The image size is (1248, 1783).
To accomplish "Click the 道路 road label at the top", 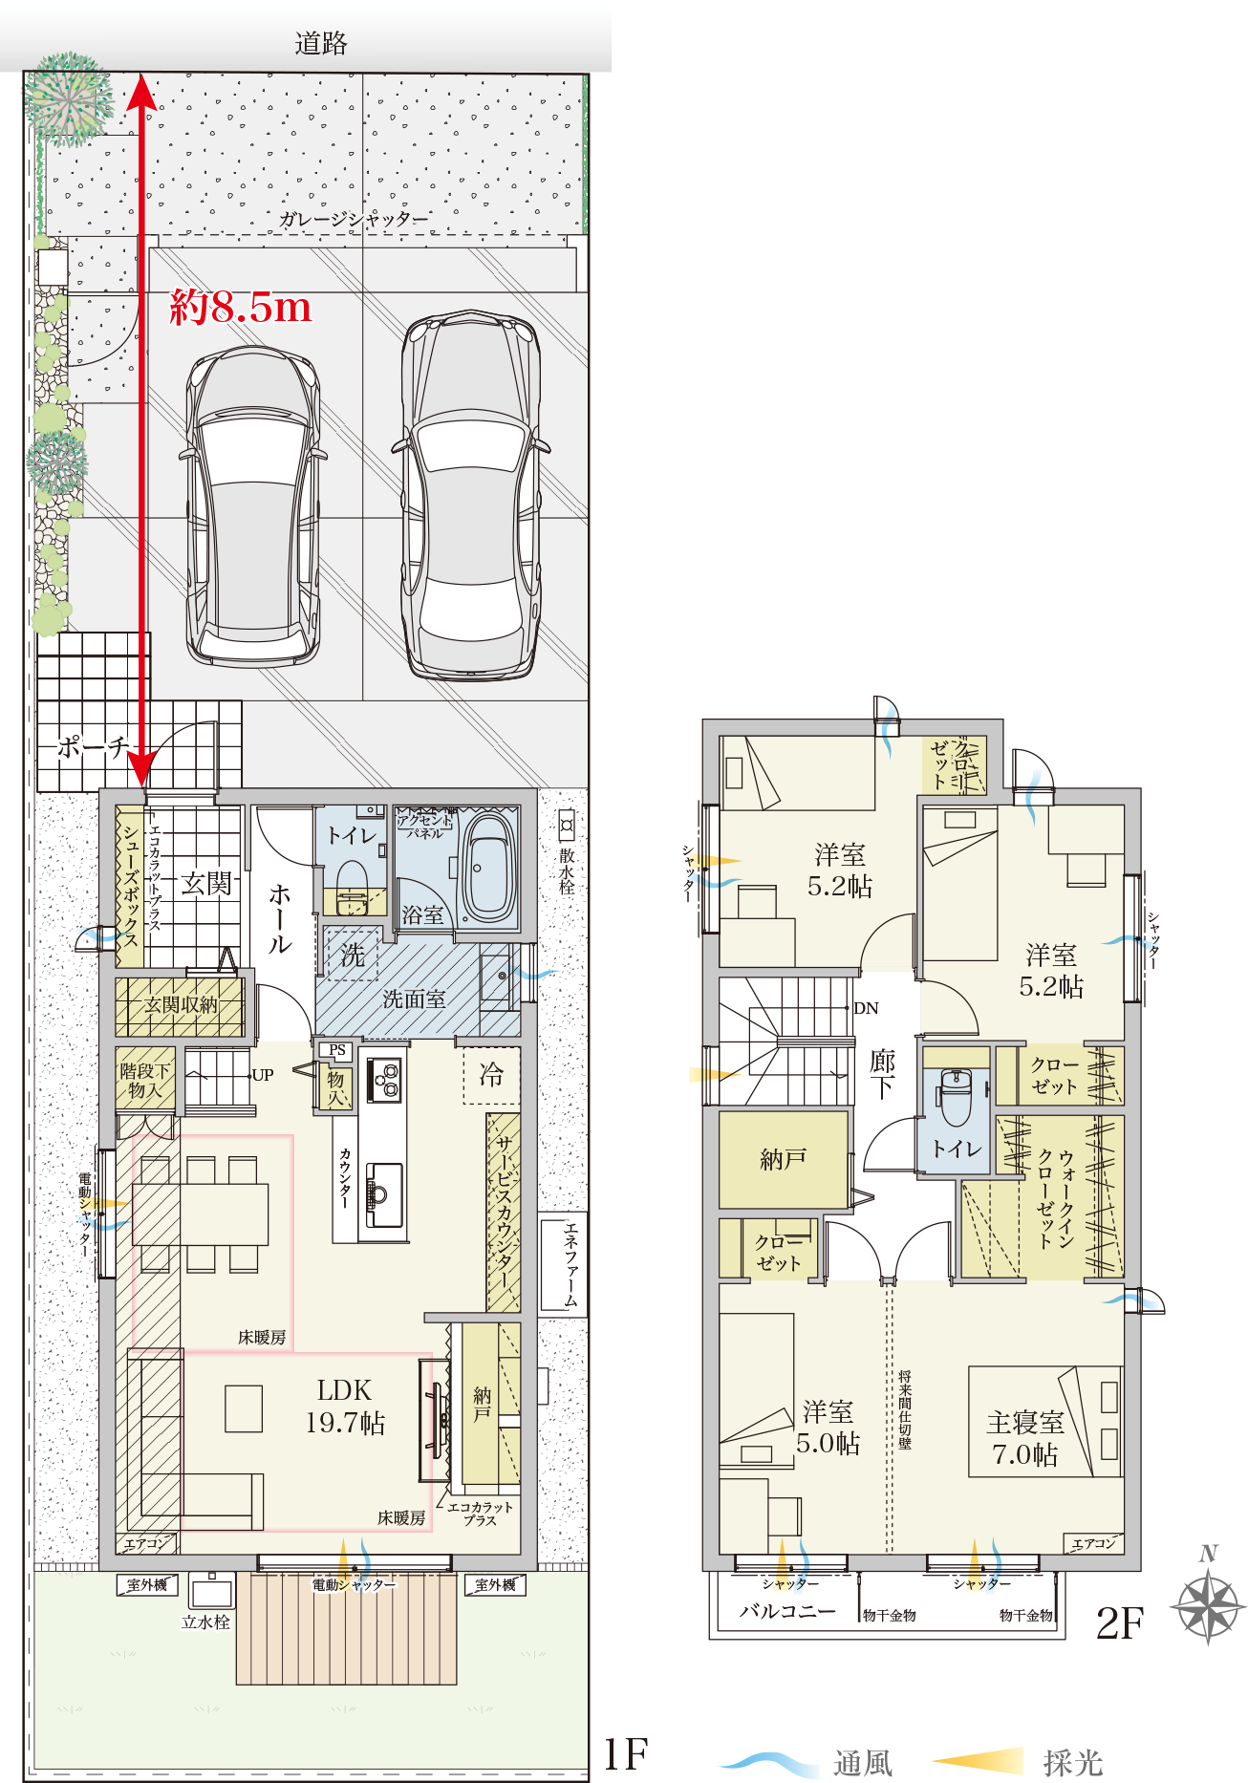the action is (321, 43).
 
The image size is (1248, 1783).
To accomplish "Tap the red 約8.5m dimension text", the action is (241, 307).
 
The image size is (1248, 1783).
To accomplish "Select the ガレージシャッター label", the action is (354, 219).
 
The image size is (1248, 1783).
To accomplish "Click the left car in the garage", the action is (251, 505).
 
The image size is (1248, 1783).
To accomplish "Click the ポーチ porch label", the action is (93, 747).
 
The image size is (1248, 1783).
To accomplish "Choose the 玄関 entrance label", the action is (206, 884).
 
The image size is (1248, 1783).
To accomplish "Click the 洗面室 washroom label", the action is (414, 999).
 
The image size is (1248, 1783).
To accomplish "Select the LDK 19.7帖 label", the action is (345, 1407).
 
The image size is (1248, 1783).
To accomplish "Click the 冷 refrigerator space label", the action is (491, 1075).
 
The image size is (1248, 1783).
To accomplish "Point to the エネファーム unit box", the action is (563, 1263).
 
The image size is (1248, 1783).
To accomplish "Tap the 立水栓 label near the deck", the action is (205, 1622).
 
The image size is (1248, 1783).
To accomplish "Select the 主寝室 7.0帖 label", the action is (1025, 1438).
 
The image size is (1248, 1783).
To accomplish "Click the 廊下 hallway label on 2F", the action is (882, 1074).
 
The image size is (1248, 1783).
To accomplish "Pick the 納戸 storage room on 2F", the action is (784, 1159).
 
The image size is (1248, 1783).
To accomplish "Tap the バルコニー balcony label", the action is (787, 1611).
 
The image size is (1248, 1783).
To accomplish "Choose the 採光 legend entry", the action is (1019, 1762).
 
